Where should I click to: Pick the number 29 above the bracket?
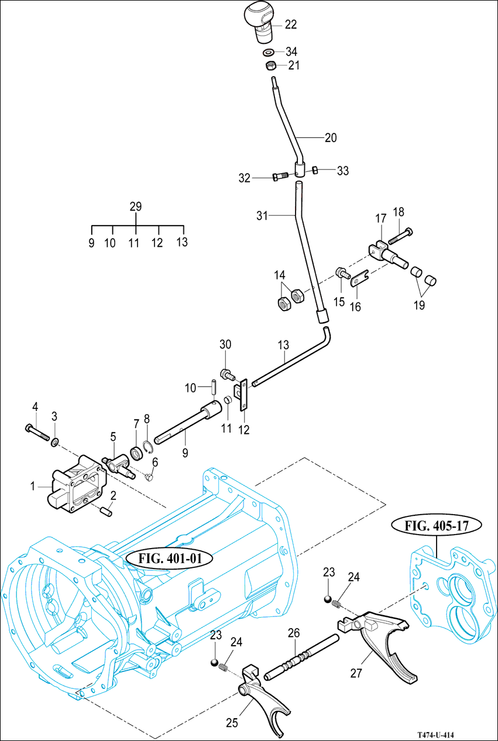tap(136, 206)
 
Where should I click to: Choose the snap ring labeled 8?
tap(149, 448)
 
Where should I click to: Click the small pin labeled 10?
tap(215, 387)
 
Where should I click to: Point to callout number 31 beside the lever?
tap(262, 216)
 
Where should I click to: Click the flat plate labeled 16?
tap(358, 278)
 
